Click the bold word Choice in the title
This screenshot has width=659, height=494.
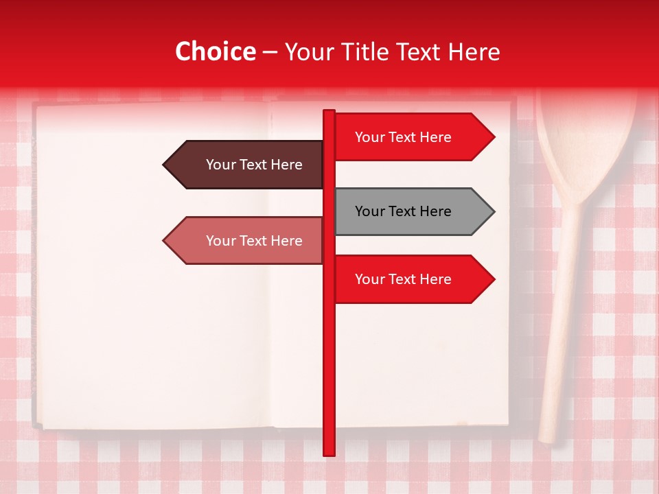(x=215, y=52)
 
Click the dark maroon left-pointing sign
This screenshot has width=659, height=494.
(x=247, y=165)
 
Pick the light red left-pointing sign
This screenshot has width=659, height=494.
(x=247, y=241)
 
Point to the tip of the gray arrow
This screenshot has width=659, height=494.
(x=493, y=211)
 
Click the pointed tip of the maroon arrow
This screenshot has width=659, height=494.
(x=165, y=165)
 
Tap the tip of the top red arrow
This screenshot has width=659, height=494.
(x=493, y=137)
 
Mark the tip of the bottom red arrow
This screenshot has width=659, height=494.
(x=493, y=279)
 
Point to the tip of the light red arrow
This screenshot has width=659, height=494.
(x=165, y=241)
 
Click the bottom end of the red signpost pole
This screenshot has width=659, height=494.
(x=329, y=452)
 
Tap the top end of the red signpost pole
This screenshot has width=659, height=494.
(x=329, y=113)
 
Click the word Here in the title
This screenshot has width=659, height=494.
(x=472, y=52)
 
